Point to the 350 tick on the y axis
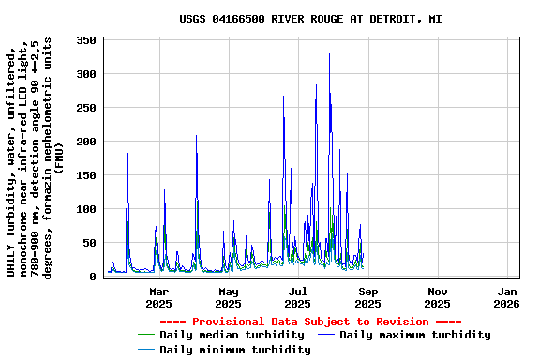click(x=87, y=40)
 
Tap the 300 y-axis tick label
click(x=87, y=74)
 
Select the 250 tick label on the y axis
click(x=87, y=108)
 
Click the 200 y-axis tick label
click(x=87, y=142)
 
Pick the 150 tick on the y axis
click(x=87, y=175)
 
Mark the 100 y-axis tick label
click(x=87, y=209)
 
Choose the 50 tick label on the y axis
click(x=90, y=243)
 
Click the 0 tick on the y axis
click(x=94, y=277)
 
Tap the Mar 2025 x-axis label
click(x=158, y=297)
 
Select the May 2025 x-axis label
click(x=228, y=297)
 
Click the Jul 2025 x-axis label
click(x=297, y=297)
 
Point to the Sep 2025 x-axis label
click(x=367, y=297)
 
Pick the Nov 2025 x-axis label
click(x=437, y=297)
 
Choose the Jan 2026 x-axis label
click(x=506, y=297)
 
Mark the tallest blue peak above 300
click(x=329, y=55)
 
